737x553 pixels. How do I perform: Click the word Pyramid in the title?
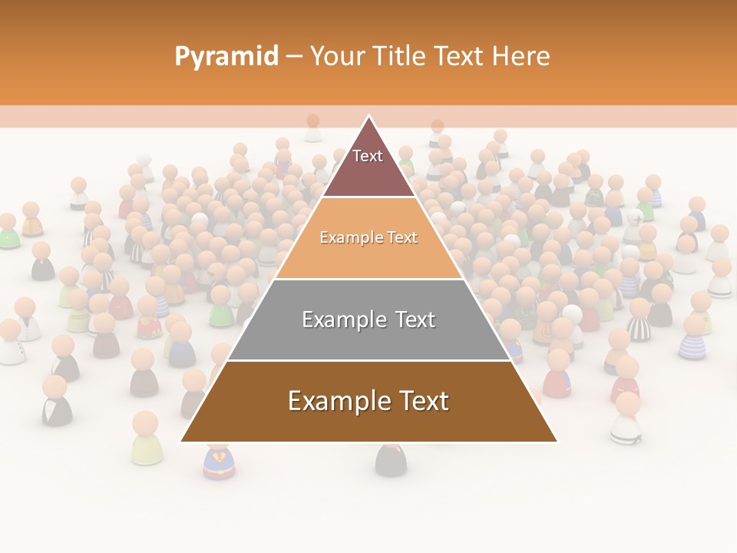click(x=226, y=57)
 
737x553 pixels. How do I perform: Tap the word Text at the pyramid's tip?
click(x=368, y=156)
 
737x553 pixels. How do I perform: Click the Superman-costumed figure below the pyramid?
click(x=219, y=462)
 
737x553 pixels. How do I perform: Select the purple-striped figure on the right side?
click(x=693, y=338)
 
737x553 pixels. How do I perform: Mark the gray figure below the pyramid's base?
click(x=390, y=460)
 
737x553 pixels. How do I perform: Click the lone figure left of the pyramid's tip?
click(x=312, y=128)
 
